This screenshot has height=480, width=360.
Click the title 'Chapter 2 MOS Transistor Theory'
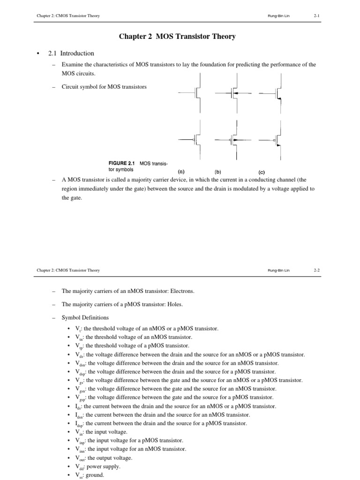(x=180, y=37)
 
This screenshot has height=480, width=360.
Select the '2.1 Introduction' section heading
(x=71, y=53)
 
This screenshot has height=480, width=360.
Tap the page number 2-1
(x=316, y=16)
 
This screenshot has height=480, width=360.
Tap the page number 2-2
(x=316, y=270)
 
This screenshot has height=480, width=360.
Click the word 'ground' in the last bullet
(x=94, y=474)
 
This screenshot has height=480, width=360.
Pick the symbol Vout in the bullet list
(x=81, y=457)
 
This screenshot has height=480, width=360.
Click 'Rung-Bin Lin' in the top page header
(x=278, y=16)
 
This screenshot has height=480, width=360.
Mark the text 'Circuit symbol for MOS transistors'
(x=104, y=87)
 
